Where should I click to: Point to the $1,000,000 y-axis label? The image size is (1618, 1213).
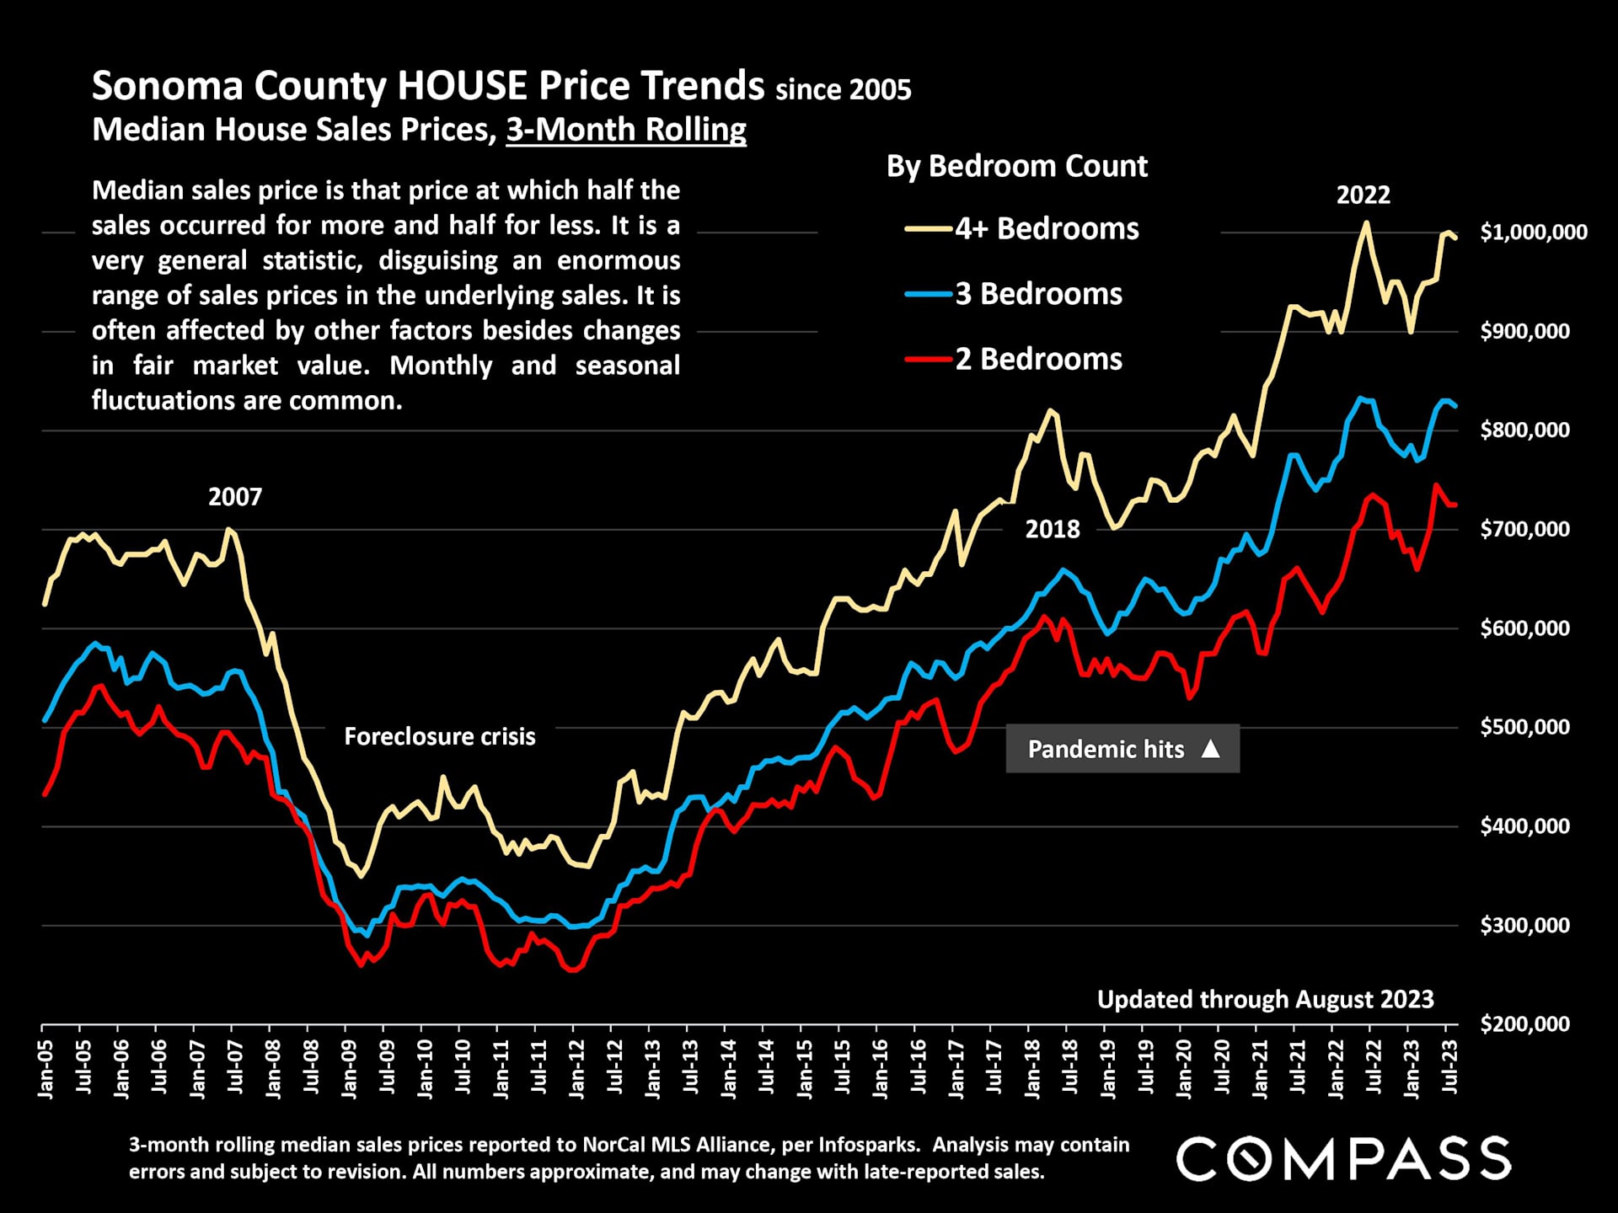pos(1533,232)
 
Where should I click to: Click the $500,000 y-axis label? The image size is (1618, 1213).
pos(1524,727)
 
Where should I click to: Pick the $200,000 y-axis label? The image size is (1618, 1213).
pos(1524,1024)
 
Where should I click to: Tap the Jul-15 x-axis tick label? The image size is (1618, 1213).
pos(842,1067)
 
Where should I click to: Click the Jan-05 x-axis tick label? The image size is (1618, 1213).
pos(46,1069)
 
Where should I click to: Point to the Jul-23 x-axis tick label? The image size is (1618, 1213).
pos(1449,1067)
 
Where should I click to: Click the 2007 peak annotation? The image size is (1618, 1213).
pos(235,497)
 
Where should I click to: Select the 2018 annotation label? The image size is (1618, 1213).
pos(1052,529)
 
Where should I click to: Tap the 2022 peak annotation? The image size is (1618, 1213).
pos(1363,195)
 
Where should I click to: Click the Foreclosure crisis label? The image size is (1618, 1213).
pos(439,736)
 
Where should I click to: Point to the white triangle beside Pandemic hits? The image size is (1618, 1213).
pos(1210,748)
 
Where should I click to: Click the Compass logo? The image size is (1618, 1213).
pos(1343,1158)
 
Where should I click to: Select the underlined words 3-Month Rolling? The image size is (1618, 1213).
pos(626,130)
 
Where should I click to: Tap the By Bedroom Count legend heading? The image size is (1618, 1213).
pos(1016,166)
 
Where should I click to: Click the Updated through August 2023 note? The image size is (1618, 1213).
pos(1265,999)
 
